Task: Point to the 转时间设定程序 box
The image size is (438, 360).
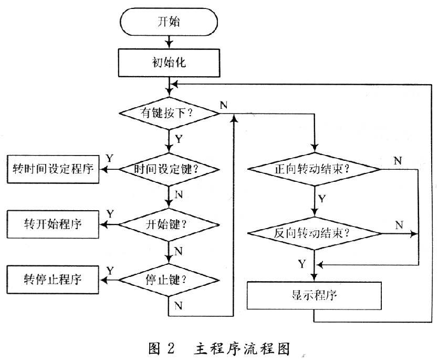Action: pyautogui.click(x=53, y=169)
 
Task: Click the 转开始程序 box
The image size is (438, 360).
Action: pyautogui.click(x=53, y=224)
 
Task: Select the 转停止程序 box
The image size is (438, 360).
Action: pyautogui.click(x=53, y=278)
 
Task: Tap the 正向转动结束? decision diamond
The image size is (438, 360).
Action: pyautogui.click(x=313, y=169)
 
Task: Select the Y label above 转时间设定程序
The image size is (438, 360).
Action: pyautogui.click(x=109, y=158)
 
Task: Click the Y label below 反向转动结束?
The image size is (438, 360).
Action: pyautogui.click(x=300, y=262)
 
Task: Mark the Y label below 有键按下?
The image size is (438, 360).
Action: pyautogui.click(x=179, y=140)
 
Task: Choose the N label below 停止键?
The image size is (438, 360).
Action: pyautogui.click(x=178, y=305)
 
